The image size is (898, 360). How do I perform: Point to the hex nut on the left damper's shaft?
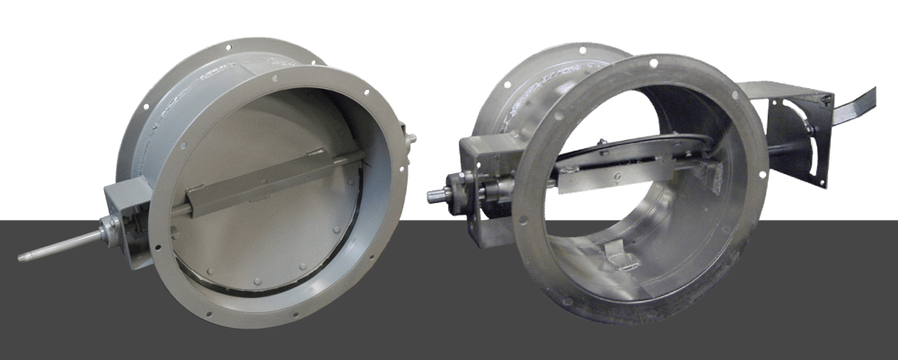(x=107, y=233)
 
